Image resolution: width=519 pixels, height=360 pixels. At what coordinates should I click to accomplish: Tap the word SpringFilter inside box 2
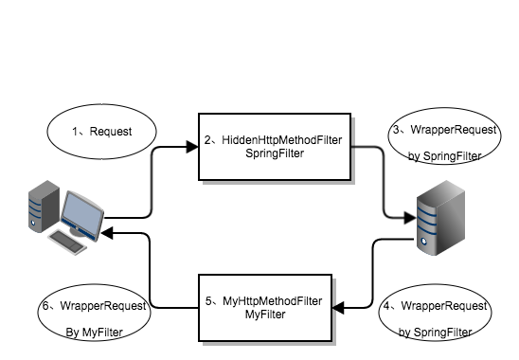275,153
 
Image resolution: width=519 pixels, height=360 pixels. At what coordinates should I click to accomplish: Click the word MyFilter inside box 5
265,315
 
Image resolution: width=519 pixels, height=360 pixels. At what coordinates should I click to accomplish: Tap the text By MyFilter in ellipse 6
95,332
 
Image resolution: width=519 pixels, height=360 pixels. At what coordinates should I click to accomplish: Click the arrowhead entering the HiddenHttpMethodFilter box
192,147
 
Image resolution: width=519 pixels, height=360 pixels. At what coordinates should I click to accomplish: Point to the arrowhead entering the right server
410,218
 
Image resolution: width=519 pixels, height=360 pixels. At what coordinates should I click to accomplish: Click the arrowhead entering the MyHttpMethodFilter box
338,308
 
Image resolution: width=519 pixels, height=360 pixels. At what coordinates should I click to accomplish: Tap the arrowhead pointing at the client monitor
107,233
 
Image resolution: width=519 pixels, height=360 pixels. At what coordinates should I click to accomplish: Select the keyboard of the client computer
67,243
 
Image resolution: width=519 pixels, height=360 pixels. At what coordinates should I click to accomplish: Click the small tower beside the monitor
44,206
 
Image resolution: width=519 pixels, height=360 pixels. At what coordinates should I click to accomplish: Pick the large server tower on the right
441,218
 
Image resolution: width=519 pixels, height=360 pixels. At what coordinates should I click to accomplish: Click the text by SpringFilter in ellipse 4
436,332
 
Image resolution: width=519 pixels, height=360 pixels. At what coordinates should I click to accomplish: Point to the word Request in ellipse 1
111,132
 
